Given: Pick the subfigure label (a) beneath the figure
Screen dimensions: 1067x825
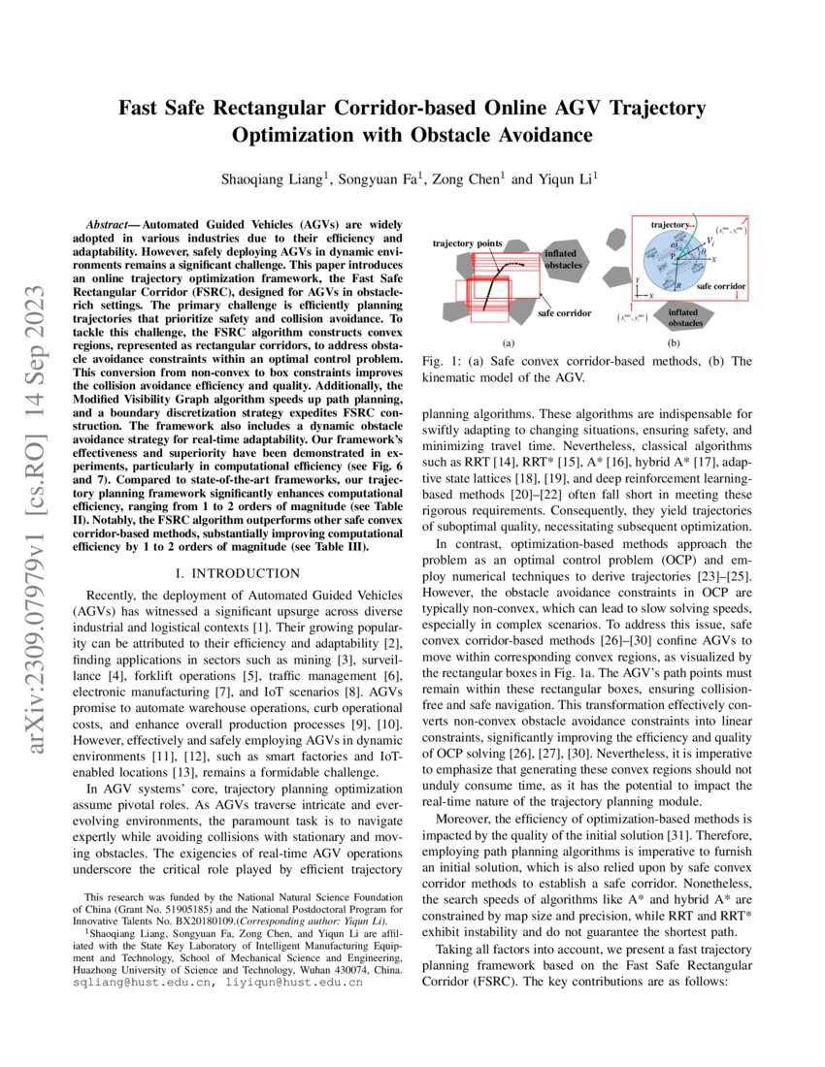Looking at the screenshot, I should (x=508, y=342).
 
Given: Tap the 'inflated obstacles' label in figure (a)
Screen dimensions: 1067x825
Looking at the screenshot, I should (x=562, y=258).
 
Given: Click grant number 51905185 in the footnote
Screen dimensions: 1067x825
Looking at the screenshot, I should (x=219, y=911).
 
